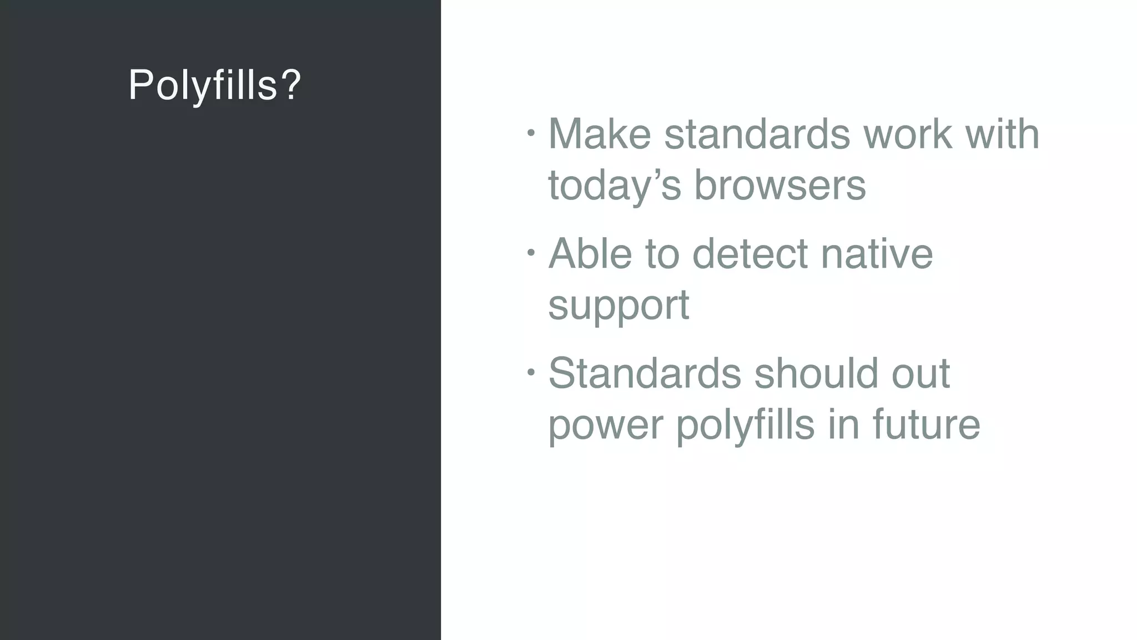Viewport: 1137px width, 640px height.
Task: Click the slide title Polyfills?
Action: [x=214, y=86]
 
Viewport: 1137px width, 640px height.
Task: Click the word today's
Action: [x=614, y=186]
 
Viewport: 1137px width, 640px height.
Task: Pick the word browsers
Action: [x=780, y=186]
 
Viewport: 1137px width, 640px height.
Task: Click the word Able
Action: [x=590, y=254]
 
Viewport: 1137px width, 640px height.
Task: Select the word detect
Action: [x=750, y=254]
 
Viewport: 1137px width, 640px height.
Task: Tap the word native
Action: [x=877, y=254]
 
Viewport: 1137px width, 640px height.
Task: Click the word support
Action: [x=618, y=306]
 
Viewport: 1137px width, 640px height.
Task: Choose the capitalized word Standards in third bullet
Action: [x=645, y=373]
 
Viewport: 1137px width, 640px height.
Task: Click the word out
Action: [x=921, y=373]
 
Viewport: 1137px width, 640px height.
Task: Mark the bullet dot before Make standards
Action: [x=531, y=133]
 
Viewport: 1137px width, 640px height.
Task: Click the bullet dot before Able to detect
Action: [x=531, y=253]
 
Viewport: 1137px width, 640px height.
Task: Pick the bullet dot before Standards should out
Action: [x=531, y=372]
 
